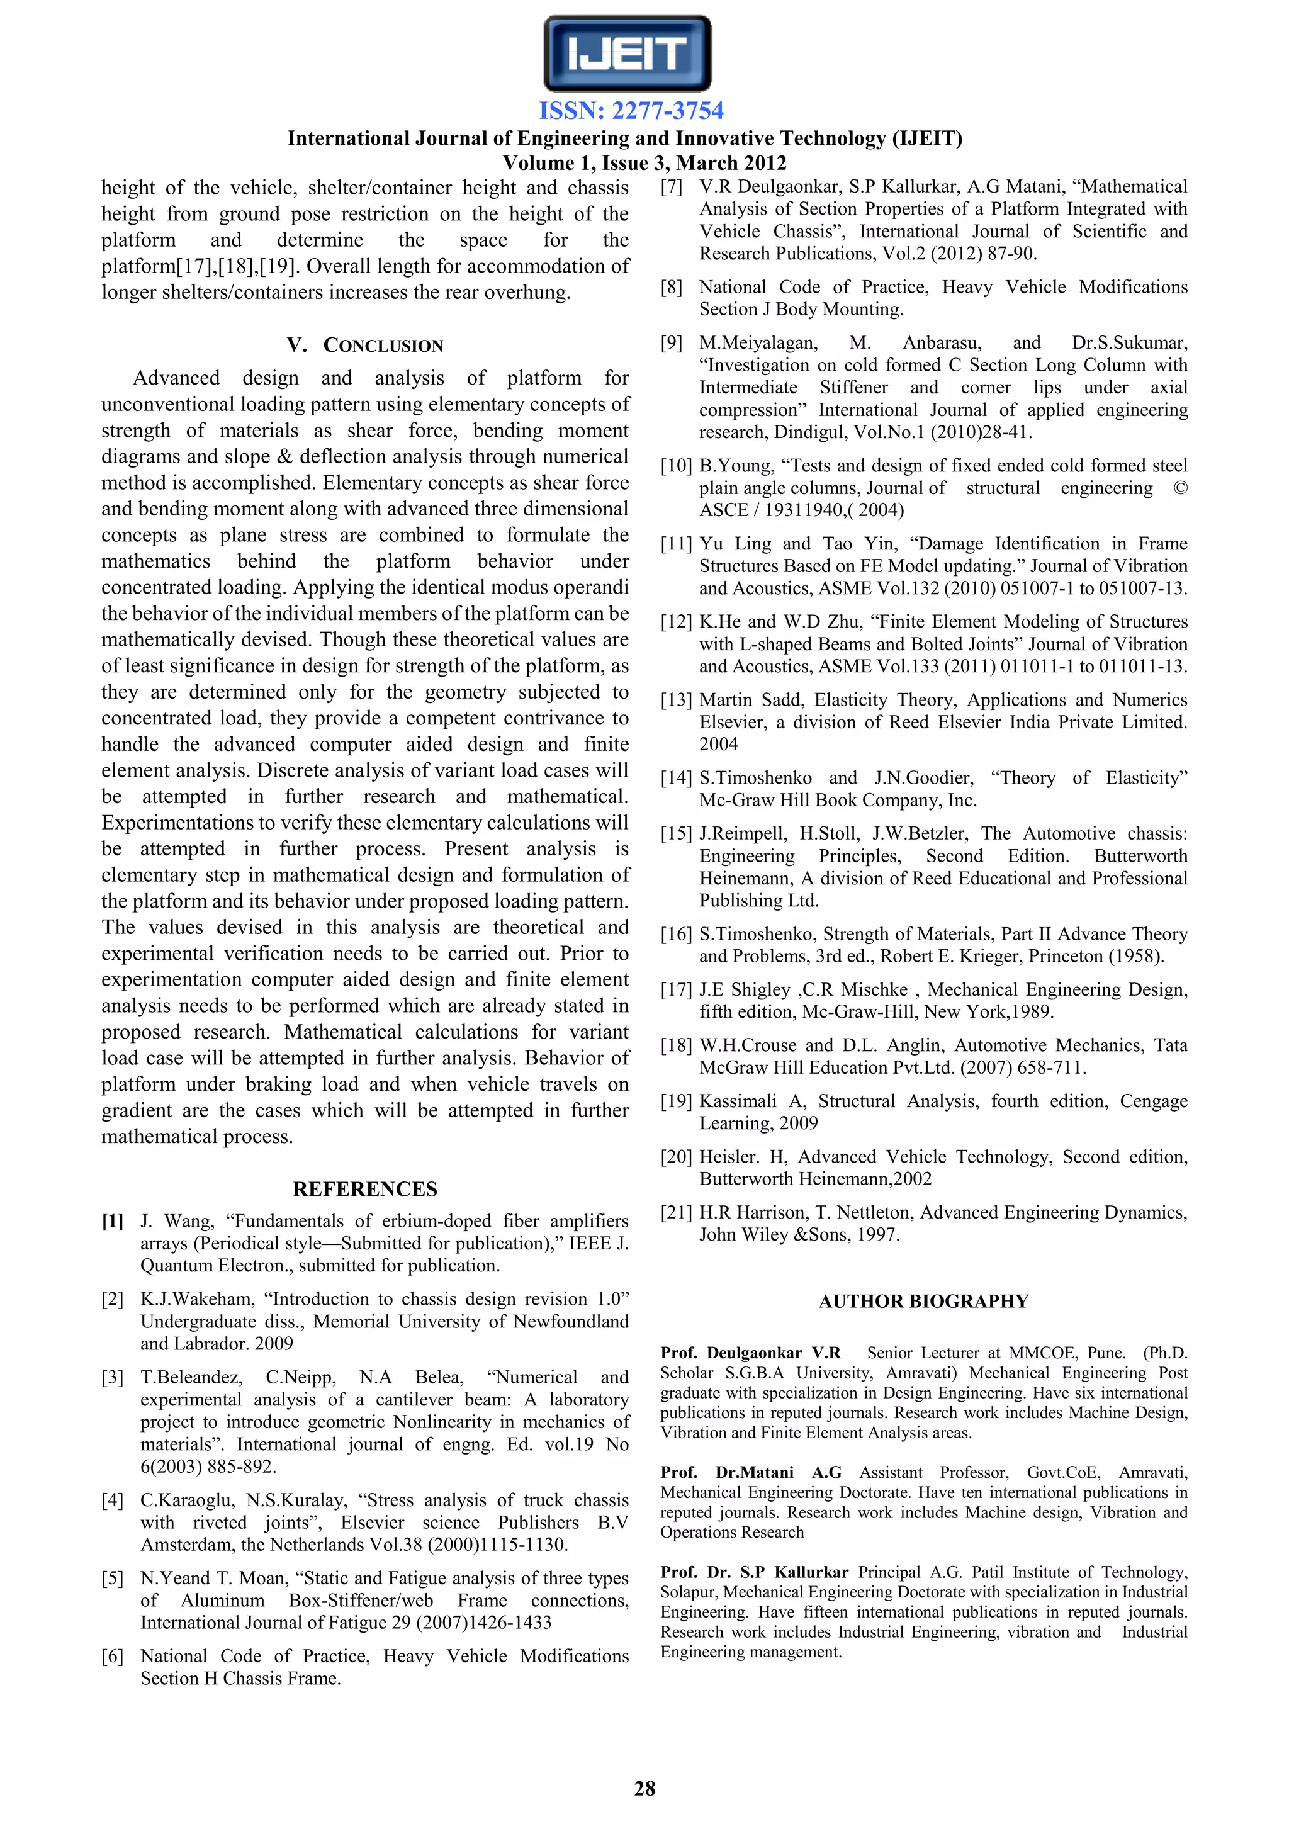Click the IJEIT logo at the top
point(628,54)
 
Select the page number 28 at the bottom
point(644,1787)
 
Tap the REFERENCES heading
point(364,1190)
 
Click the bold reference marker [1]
point(113,1221)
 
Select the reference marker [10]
point(676,466)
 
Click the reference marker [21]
point(676,1213)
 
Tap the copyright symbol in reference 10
point(1180,488)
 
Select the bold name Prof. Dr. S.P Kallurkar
point(754,1572)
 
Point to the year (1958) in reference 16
point(1137,957)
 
